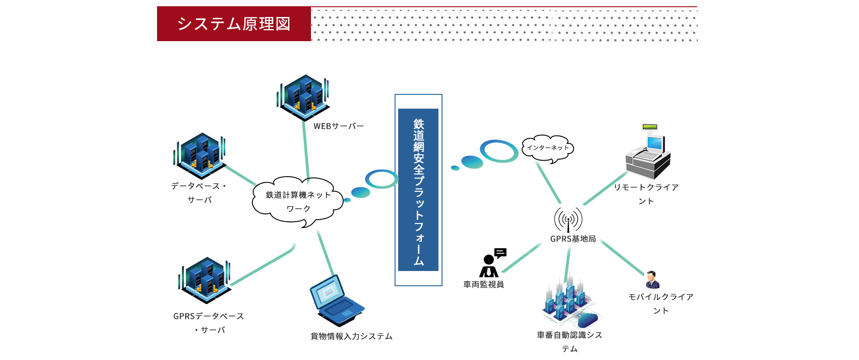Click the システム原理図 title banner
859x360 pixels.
234,24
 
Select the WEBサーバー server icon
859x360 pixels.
303,97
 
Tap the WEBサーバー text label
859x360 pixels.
339,126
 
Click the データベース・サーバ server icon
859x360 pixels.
200,156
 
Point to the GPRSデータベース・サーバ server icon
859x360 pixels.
204,280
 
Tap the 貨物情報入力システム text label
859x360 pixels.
352,336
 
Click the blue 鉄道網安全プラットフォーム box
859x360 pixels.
418,190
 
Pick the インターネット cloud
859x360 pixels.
548,148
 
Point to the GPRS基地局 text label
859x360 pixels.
573,239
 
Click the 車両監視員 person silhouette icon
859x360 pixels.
492,263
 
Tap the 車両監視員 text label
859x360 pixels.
484,284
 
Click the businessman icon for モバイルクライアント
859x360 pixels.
652,280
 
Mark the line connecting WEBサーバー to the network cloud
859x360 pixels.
306,150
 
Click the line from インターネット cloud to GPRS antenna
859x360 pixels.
549,183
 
